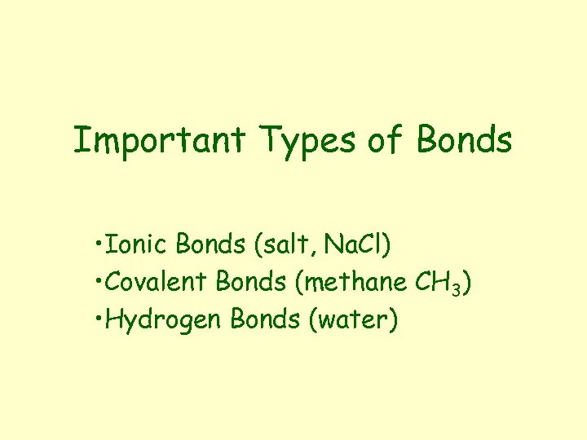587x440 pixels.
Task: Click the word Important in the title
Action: point(159,140)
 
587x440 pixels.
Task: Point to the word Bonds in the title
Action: point(464,140)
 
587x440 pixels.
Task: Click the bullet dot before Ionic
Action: point(97,243)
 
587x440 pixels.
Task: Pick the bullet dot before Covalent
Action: point(97,282)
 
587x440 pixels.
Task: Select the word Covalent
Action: point(157,282)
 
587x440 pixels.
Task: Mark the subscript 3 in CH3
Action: point(457,288)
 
